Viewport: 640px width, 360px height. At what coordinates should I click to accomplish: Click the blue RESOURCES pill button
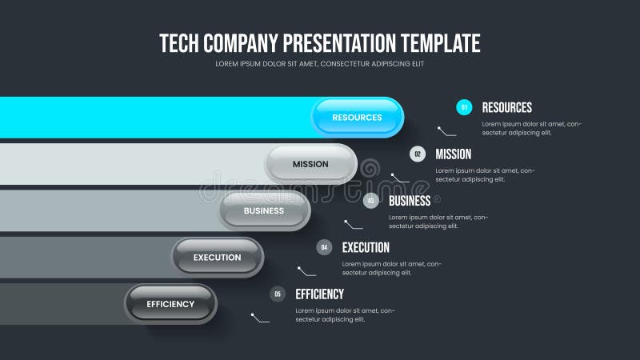point(357,118)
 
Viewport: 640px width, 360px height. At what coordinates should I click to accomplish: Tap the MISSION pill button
point(310,164)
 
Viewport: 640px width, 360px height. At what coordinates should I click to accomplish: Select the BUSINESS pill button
point(264,210)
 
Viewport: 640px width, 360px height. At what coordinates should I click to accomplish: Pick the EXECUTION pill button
point(217,257)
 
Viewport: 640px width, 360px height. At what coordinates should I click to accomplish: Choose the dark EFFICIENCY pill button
point(170,304)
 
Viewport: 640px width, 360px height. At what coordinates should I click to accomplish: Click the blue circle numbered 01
point(464,107)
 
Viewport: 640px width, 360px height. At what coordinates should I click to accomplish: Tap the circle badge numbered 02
point(418,154)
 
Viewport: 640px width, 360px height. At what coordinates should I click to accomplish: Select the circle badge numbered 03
point(370,201)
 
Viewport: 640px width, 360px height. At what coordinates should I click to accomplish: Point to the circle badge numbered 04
point(324,247)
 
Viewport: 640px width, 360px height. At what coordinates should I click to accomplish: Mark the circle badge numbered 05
point(278,294)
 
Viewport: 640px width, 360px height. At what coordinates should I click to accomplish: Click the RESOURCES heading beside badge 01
point(506,107)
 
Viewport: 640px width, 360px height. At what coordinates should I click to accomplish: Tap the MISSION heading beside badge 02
point(453,154)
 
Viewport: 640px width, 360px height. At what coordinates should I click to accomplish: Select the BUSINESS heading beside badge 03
point(410,201)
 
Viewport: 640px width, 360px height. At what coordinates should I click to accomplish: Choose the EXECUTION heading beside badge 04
point(366,247)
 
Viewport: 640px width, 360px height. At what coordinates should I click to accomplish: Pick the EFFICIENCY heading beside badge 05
point(319,294)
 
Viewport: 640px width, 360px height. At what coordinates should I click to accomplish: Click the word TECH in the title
point(178,42)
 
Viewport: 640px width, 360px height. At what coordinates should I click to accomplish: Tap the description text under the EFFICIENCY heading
point(345,314)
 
